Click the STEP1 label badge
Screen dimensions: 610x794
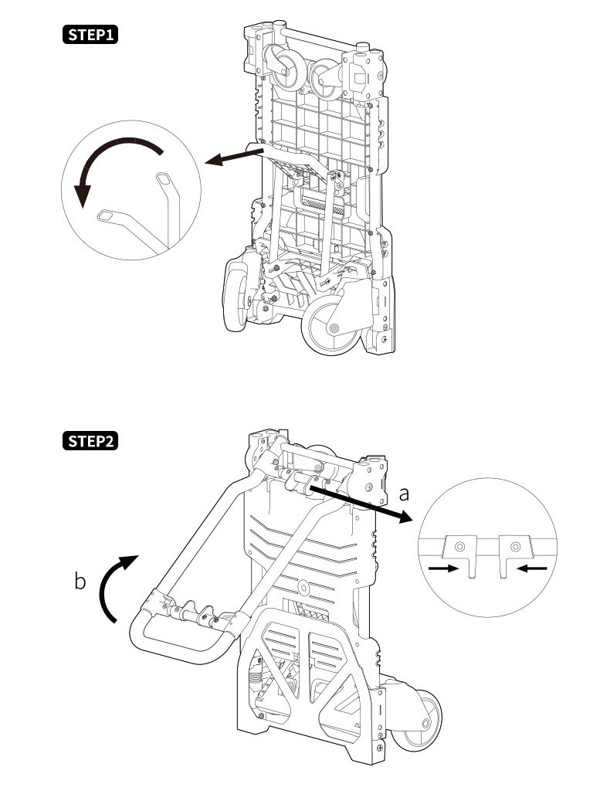tap(90, 35)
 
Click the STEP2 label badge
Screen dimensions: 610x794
tap(90, 441)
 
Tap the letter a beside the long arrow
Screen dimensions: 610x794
tap(404, 494)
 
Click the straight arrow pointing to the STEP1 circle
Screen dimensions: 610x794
tap(235, 157)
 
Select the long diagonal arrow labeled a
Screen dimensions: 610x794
tap(361, 501)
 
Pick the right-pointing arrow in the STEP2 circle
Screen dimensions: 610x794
tap(443, 568)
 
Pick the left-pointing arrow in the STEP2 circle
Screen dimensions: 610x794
tap(532, 568)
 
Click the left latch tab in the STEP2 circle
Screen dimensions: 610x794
tap(461, 555)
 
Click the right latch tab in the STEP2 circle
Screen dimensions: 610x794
tap(514, 555)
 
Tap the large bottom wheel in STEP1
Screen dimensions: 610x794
tap(331, 326)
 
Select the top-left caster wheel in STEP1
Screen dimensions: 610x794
tap(286, 67)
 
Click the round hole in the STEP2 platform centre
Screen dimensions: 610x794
tap(303, 589)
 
